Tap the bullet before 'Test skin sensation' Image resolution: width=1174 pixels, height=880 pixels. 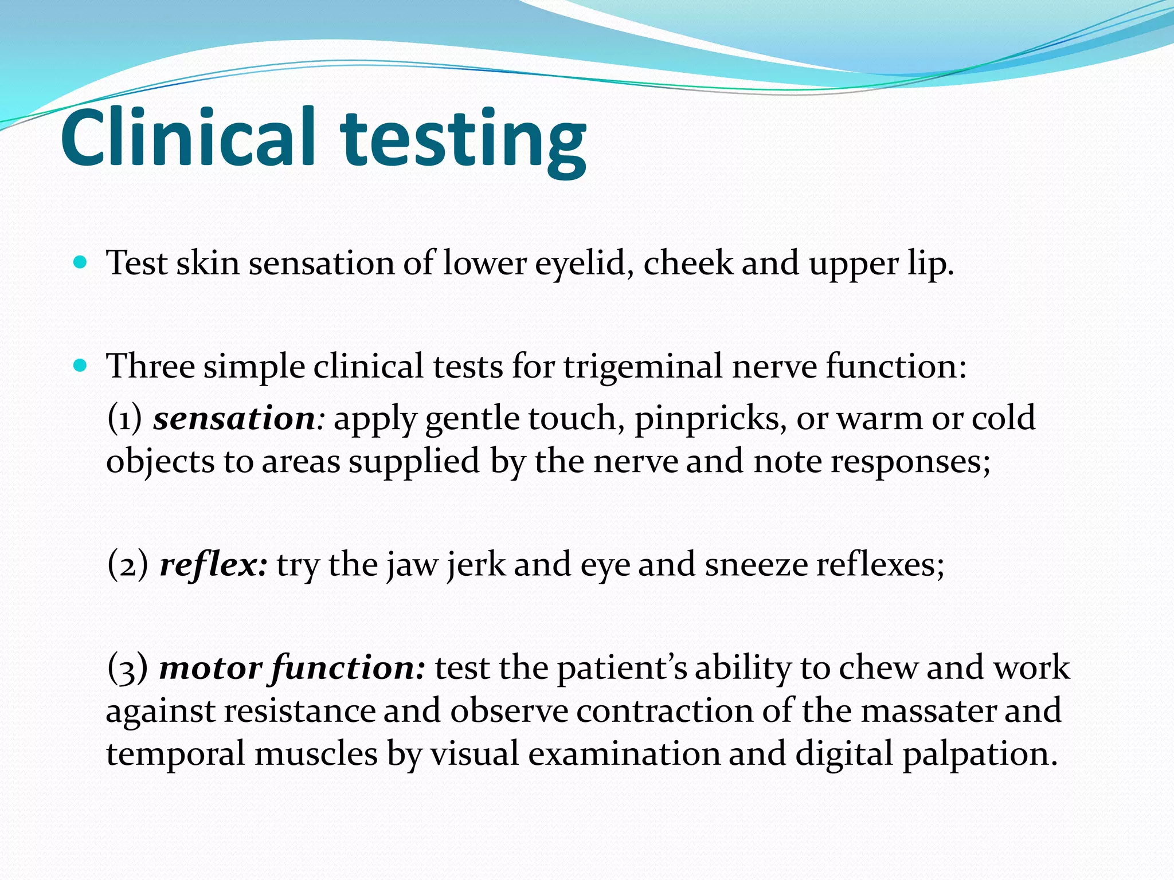pyautogui.click(x=81, y=263)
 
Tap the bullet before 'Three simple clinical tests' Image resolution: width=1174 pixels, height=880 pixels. pyautogui.click(x=81, y=366)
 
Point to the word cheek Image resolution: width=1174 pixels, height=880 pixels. pyautogui.click(x=688, y=264)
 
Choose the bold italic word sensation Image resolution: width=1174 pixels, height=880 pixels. pyautogui.click(x=234, y=418)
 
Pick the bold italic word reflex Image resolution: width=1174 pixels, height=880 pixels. pyautogui.click(x=212, y=565)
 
